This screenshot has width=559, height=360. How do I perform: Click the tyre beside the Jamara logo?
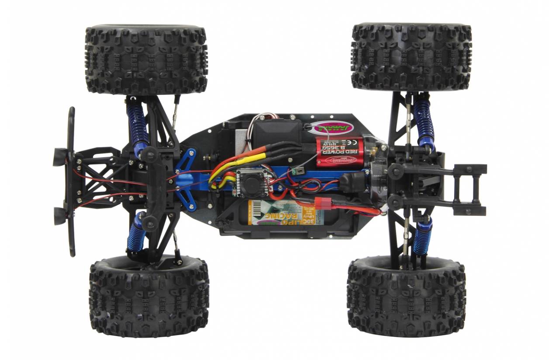coord(411,57)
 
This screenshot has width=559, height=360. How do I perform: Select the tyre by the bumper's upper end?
coord(146,59)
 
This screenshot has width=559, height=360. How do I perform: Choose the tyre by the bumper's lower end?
coord(149,298)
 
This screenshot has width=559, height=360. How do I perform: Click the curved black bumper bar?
coord(71,181)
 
